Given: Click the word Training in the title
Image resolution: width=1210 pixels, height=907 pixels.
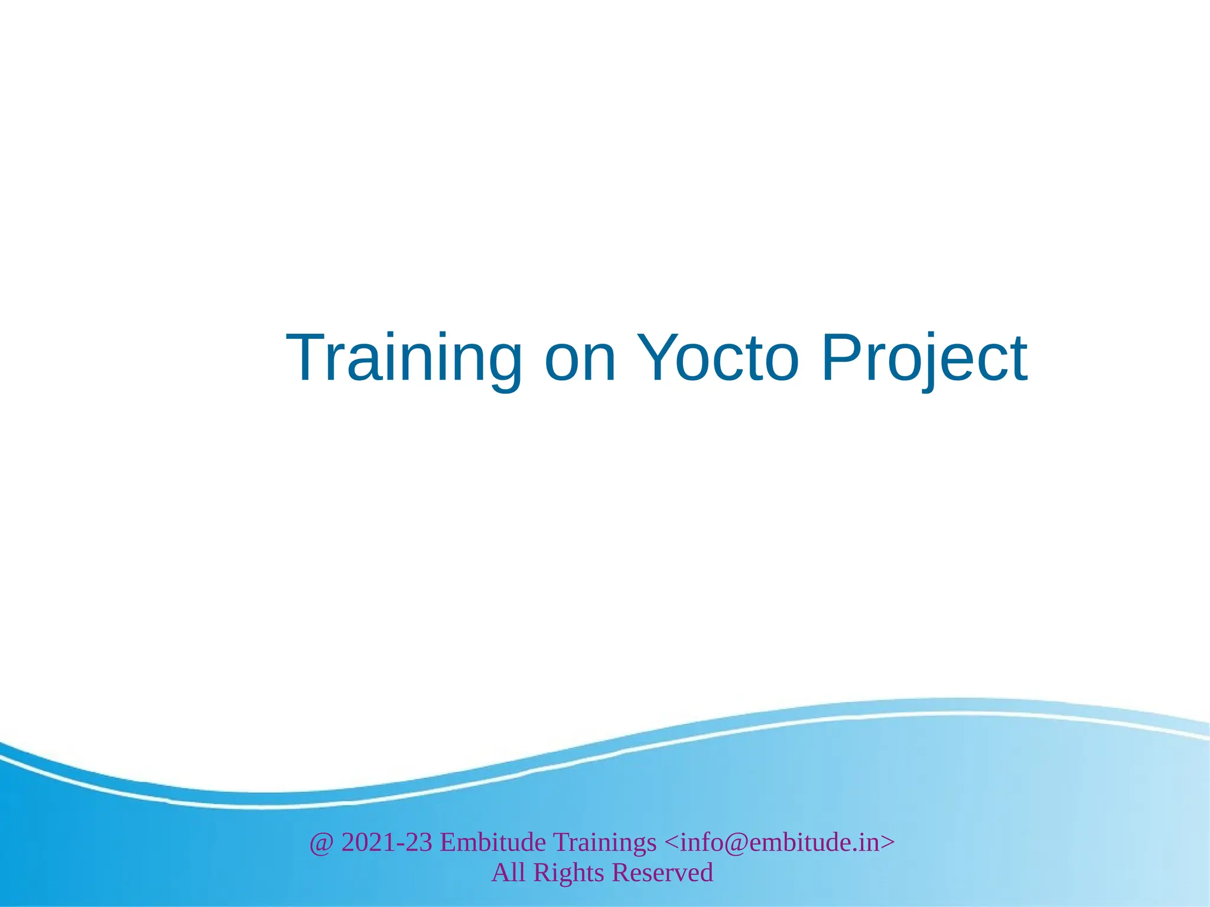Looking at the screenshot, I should click(x=404, y=358).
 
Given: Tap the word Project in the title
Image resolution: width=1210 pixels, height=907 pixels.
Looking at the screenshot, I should click(x=924, y=358).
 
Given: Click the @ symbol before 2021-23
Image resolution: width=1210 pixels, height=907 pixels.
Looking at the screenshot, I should click(x=321, y=843).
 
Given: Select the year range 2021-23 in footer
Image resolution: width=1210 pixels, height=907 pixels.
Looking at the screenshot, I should click(x=387, y=842).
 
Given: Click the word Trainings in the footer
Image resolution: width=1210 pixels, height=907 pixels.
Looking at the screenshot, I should click(x=604, y=843).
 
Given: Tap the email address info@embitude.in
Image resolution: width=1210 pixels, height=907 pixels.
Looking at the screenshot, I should click(x=780, y=842).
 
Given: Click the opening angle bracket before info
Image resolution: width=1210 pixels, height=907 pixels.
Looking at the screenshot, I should click(x=672, y=843).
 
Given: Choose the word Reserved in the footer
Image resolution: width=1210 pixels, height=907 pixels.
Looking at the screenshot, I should click(x=663, y=873).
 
